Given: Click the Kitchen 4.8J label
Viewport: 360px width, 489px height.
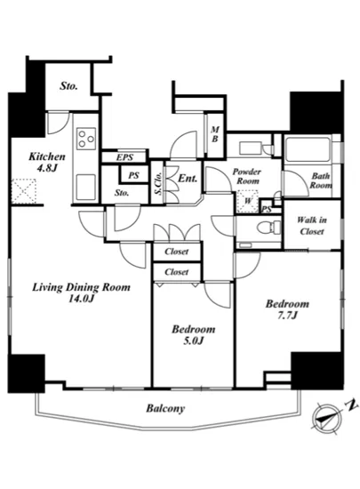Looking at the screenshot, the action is pos(47,162).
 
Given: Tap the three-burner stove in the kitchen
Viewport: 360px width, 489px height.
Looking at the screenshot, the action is pos(86,139).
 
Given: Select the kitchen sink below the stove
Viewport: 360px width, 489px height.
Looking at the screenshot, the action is pos(86,187).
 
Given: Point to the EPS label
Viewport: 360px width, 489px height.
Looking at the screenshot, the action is pos(124,157).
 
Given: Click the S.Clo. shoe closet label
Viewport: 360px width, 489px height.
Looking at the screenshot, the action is pos(159,183).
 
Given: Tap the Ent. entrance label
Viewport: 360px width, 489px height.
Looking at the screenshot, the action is pos(188,179).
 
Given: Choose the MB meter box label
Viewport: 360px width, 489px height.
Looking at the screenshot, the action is pos(215,134).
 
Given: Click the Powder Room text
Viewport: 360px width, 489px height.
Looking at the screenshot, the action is pos(247,176).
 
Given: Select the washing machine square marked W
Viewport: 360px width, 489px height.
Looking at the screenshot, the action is pos(247,201).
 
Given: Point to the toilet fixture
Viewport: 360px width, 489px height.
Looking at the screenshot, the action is pos(269,227).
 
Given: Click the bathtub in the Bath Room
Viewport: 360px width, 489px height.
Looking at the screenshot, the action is pos(308,149).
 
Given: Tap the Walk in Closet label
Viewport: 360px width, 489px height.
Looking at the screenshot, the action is pos(312,226).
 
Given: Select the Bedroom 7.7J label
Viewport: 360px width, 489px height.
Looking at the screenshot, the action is pos(287,309).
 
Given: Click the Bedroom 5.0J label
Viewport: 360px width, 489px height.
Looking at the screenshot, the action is pos(194,334).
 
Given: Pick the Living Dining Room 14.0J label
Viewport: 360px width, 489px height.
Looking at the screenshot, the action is pos(82,293).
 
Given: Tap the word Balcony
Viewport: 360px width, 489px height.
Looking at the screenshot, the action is pos(165,408).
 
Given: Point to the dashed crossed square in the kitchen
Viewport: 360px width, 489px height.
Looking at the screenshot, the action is pos(24,191).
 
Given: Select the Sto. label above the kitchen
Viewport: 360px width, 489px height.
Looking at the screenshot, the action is pos(68,86).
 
